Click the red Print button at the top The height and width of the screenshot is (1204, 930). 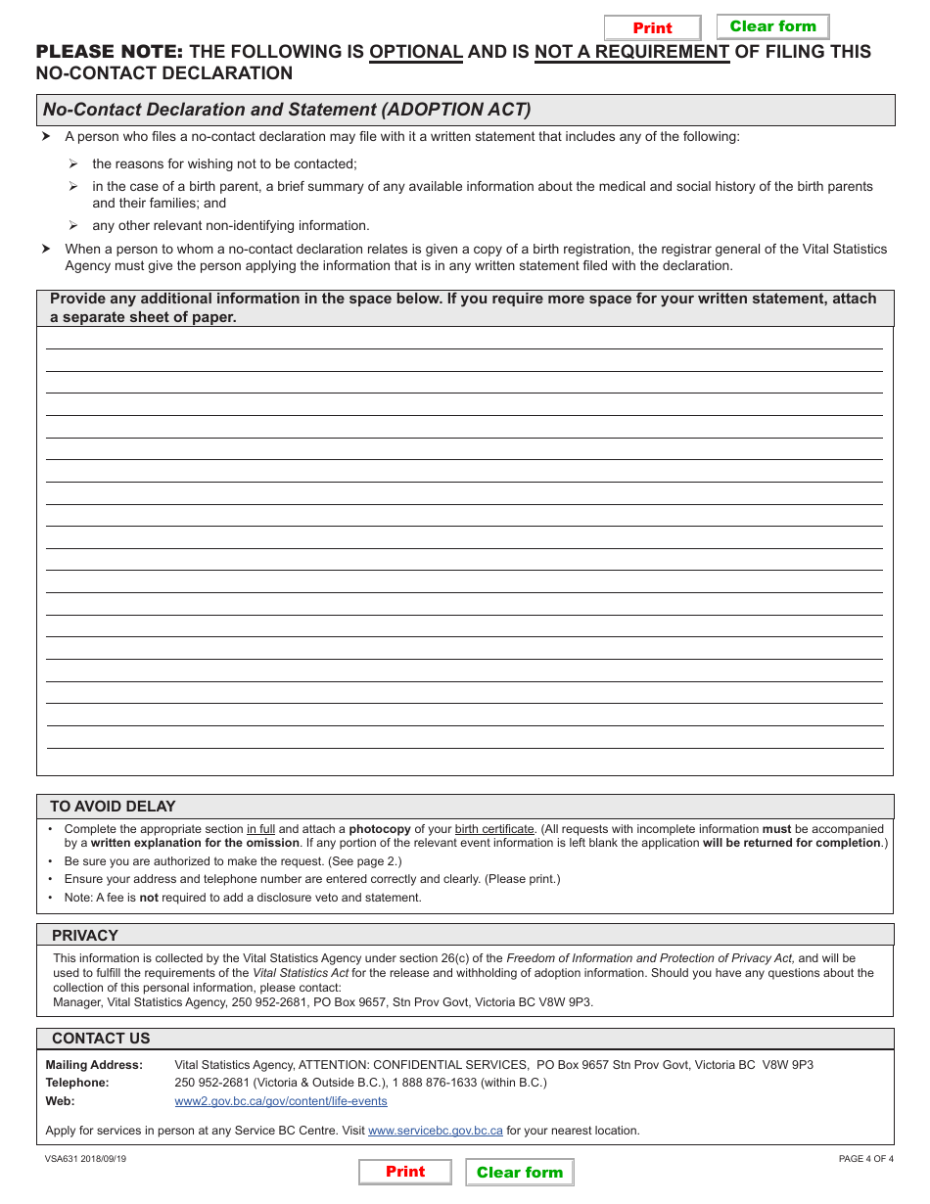point(652,28)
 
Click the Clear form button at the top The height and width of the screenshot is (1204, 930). point(772,26)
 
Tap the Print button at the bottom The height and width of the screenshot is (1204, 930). point(405,1172)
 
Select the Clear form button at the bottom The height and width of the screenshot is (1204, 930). point(520,1173)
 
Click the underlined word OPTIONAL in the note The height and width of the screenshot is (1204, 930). point(415,52)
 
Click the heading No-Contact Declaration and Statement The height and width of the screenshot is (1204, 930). point(287,110)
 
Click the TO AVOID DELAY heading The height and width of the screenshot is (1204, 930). point(113,807)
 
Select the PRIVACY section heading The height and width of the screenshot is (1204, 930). point(84,936)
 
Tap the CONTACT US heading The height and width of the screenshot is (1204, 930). point(101,1039)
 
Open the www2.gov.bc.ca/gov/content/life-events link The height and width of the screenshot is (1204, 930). point(280,1101)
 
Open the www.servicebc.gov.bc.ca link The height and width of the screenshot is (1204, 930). point(435,1131)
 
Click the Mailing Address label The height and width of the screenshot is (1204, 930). point(94,1065)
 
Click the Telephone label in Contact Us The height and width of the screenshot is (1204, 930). point(77,1083)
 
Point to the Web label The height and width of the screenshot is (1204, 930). point(60,1101)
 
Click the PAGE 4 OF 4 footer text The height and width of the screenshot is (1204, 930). point(865,1159)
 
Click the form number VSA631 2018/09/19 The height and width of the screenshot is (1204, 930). point(85,1159)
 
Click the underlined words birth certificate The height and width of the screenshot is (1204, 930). point(494,829)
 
